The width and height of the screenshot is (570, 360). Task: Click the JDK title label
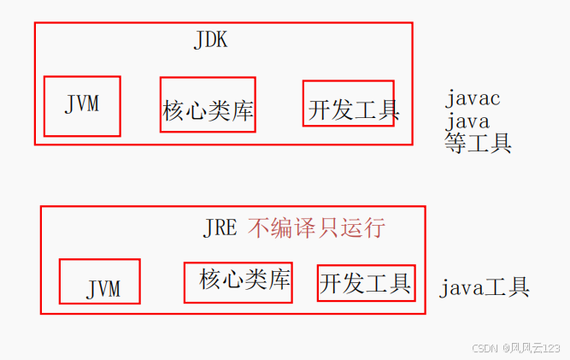coord(211,39)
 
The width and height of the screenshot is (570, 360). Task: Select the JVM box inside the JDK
coord(82,106)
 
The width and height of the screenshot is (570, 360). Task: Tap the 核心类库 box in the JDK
coord(208,105)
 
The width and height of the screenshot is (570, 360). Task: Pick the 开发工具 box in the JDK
coord(349,104)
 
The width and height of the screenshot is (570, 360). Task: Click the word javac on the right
coord(473,98)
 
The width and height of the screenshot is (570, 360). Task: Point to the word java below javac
coord(467,121)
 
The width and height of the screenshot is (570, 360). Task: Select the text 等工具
coord(478,143)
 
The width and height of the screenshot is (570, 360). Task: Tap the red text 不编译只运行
coord(316,227)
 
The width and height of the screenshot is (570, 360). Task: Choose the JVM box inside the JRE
coord(100,282)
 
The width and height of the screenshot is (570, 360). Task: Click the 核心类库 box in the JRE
coord(238,282)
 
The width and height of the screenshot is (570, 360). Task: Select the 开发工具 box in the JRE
coord(366,282)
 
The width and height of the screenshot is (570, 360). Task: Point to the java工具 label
coord(485,287)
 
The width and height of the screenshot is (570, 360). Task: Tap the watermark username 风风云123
coord(535,348)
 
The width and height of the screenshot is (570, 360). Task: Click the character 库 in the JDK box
coord(244,111)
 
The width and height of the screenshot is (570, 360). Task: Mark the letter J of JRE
coord(209,228)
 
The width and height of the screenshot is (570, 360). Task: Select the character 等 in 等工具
coord(455,143)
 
